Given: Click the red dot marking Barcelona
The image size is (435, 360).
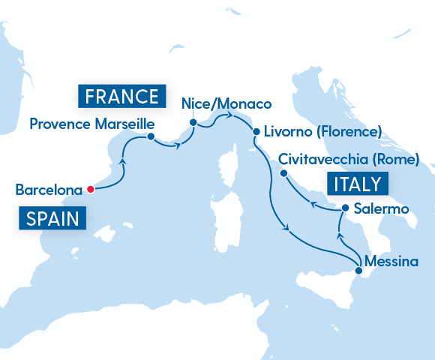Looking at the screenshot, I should pos(91,189).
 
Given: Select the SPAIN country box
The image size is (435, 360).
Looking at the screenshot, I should pos(52,219).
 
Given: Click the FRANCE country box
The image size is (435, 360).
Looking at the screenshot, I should pos(121,96).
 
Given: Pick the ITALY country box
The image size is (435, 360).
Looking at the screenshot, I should pos(355,184).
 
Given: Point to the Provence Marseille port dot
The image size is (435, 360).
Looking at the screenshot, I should pos(151,136).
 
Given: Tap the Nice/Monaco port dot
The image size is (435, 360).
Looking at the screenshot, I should pos(193,121).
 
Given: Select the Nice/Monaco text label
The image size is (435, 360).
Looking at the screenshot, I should pos(226,103).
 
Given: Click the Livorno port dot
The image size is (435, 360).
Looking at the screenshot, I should pos(256,132).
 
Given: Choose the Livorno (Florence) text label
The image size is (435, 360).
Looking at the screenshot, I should pos(322,133).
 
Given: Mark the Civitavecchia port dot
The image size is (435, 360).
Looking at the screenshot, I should pos(283,173).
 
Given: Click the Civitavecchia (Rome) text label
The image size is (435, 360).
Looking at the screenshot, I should pos(347,159).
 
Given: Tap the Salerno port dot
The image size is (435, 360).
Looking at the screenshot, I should pos(345,208).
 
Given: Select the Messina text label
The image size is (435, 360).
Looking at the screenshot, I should pos(388,262).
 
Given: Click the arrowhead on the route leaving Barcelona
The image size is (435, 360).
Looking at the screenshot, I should pos(121,160).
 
